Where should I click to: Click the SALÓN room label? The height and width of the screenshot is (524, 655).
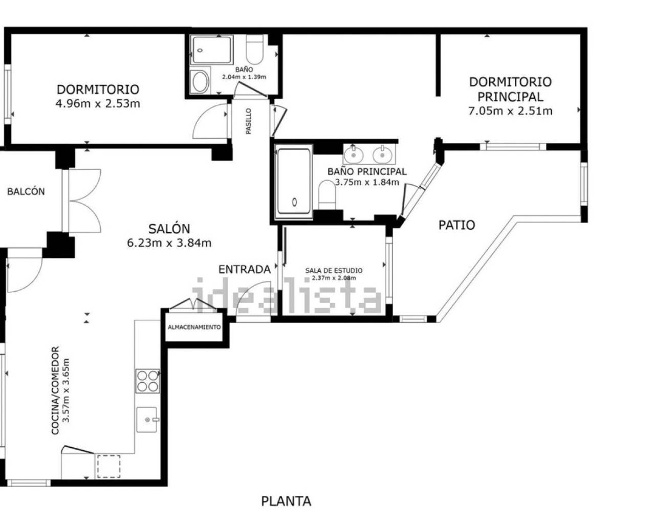point(169,228)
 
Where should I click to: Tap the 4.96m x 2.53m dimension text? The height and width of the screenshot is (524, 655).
point(98,104)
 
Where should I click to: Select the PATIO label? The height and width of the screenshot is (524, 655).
point(456,225)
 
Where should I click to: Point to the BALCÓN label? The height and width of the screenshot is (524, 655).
point(26,191)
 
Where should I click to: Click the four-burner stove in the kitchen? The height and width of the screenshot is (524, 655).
point(147,381)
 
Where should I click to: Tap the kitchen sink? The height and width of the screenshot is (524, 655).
point(147,420)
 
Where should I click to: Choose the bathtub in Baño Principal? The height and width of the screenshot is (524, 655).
point(294,182)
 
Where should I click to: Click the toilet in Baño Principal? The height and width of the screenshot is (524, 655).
point(327,195)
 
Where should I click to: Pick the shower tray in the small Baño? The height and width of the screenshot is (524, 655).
point(212,50)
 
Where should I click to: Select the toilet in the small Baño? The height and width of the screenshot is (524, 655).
point(254,50)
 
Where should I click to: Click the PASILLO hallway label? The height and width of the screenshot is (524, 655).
point(249,121)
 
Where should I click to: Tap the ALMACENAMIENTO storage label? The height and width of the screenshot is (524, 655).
point(194,327)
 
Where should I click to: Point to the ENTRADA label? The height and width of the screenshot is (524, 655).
point(245,270)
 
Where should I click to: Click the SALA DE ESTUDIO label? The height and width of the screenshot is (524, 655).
point(334,270)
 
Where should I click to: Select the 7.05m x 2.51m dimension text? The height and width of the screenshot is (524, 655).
point(510,111)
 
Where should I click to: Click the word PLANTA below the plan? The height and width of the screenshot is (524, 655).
point(287,501)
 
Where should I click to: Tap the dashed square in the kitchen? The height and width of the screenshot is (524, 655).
point(108,467)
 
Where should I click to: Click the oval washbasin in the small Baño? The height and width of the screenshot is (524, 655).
point(200,81)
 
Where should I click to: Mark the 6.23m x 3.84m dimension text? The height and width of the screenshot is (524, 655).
point(169,243)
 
